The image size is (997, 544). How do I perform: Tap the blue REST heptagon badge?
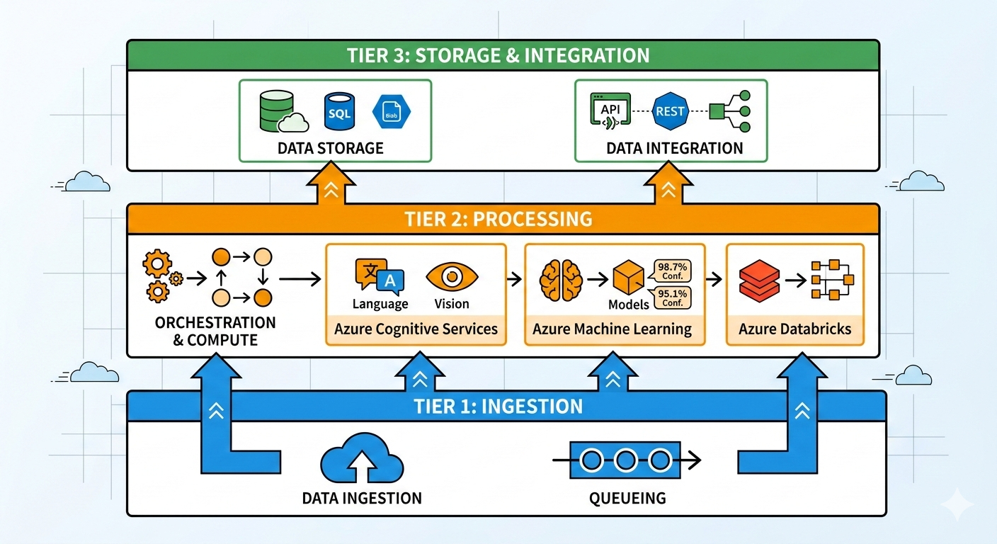(669, 112)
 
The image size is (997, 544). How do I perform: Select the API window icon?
(608, 112)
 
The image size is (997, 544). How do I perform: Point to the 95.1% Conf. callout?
(672, 297)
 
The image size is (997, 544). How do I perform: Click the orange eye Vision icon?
(452, 277)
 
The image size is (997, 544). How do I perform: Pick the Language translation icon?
(380, 277)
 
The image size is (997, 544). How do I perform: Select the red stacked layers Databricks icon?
(758, 280)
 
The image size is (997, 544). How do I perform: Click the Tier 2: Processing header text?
(498, 219)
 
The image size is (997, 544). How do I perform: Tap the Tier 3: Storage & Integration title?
(498, 55)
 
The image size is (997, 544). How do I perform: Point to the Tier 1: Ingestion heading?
(498, 407)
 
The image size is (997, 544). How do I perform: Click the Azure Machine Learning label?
(613, 329)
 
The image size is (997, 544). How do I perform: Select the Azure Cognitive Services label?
(416, 329)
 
